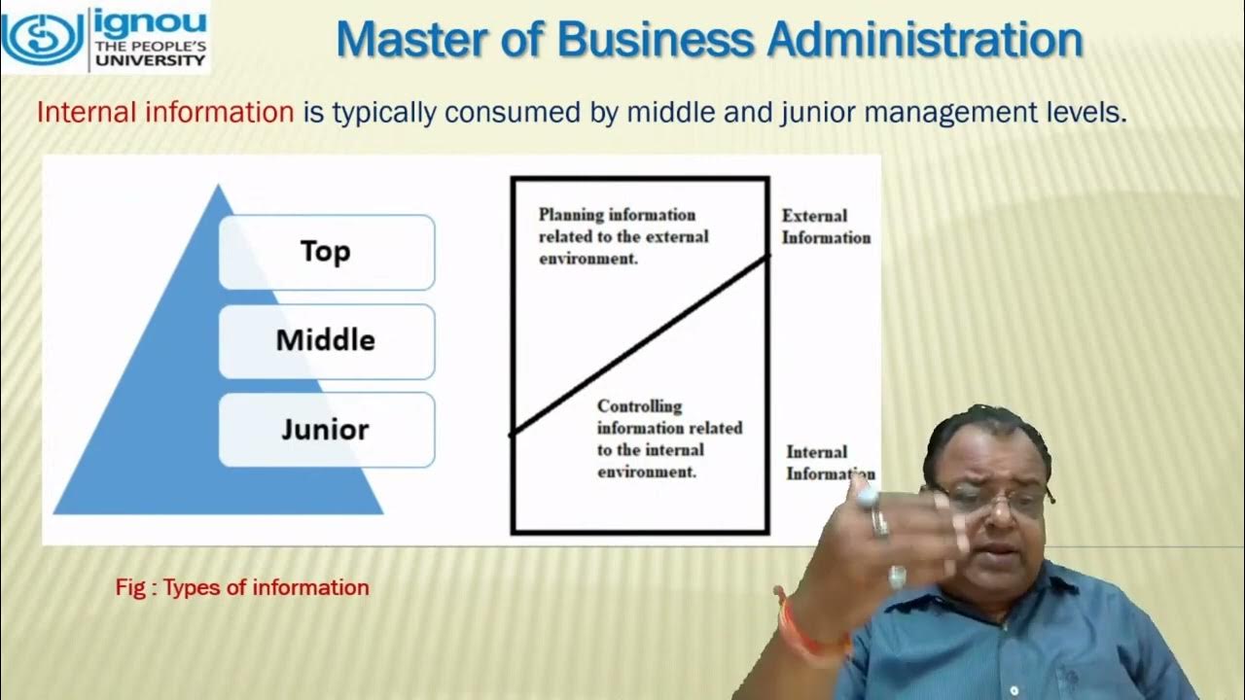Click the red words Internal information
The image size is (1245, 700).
[164, 113]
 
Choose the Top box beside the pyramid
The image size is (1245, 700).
[326, 252]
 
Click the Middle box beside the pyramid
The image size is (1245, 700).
[326, 340]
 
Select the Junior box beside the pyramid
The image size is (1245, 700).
[326, 429]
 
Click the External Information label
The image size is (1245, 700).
[826, 227]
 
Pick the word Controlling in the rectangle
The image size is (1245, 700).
[639, 406]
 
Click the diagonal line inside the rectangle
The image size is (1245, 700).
[640, 345]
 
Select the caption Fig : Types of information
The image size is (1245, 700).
[242, 587]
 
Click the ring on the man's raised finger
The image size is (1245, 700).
[878, 522]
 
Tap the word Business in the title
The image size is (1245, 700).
[654, 41]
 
